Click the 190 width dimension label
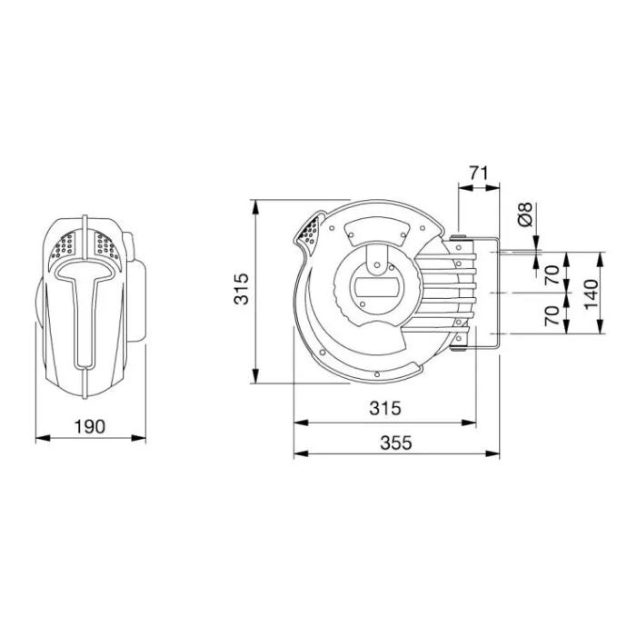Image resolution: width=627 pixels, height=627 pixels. coord(90,427)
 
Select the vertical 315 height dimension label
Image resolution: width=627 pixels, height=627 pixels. coord(241,289)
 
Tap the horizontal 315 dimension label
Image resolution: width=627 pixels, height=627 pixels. coord(384,408)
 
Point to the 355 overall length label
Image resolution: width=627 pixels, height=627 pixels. coord(396,443)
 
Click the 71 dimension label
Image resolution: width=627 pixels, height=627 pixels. coord(479,174)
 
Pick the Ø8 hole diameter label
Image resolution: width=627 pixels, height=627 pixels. coord(525,214)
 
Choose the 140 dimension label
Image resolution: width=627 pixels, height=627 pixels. coord(591,294)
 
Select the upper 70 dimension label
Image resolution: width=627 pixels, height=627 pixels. coord(552,274)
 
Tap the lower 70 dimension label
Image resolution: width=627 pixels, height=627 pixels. coord(552,315)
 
